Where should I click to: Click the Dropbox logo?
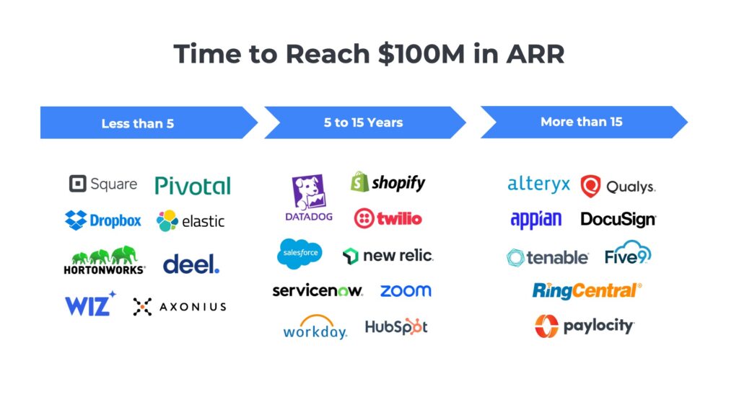[103, 220]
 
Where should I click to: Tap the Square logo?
[102, 184]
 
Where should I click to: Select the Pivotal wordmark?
[193, 185]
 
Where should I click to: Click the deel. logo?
[191, 264]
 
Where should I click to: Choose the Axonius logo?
[180, 307]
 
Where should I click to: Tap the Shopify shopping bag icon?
[359, 182]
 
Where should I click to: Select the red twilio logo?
[388, 218]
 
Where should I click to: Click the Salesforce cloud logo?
[299, 254]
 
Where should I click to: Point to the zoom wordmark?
[406, 291]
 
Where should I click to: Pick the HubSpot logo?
[396, 326]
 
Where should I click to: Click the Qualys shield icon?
[590, 186]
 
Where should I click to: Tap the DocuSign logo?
[618, 220]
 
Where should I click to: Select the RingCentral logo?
[587, 290]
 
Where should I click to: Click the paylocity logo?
[585, 326]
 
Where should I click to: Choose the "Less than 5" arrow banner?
[144, 123]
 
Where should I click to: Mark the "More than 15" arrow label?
[582, 122]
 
